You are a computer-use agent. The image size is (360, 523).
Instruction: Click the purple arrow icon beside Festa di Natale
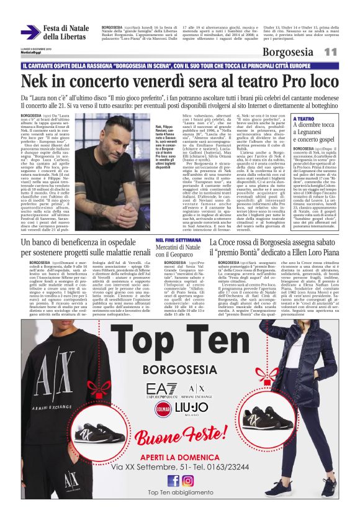coord(30,32)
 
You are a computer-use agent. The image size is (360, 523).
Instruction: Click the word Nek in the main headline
coord(35,81)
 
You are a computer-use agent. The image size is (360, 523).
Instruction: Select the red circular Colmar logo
coord(164,409)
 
